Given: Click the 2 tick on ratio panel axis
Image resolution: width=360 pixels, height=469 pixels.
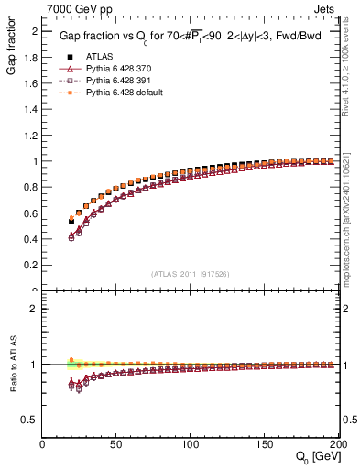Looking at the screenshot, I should point(34,309).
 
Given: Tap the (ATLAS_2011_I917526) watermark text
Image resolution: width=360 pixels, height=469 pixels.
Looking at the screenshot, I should point(191,273).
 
